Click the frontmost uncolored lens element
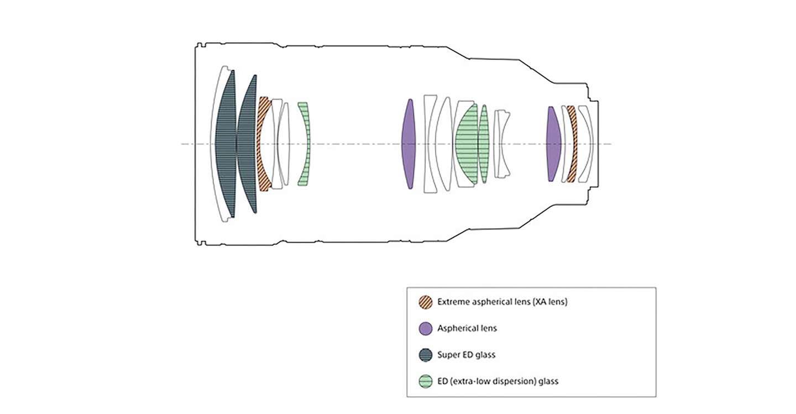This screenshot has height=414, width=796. [214, 144]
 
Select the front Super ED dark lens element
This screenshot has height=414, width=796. [226, 144]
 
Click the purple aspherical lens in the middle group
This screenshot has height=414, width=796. [409, 144]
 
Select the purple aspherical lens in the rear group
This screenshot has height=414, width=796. [554, 144]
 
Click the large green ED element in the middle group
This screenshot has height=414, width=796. [467, 144]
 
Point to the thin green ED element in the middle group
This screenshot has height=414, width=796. [484, 144]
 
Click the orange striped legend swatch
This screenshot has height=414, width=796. [426, 302]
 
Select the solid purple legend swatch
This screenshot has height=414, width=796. [426, 328]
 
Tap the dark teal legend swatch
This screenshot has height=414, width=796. [426, 355]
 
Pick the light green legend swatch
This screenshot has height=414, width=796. [426, 381]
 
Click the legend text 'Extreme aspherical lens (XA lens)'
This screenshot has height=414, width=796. [502, 302]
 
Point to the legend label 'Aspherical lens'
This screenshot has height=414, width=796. [467, 328]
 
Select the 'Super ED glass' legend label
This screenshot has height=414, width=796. [466, 355]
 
